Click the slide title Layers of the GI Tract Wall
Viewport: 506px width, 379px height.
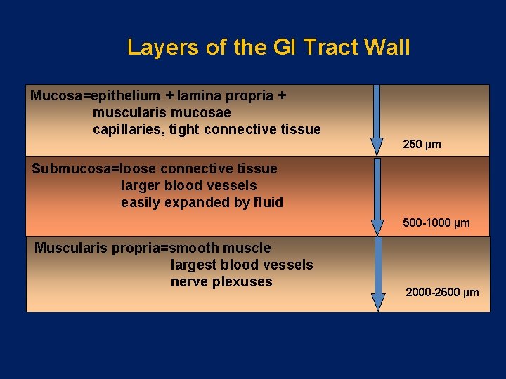268,47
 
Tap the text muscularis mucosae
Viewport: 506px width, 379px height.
162,112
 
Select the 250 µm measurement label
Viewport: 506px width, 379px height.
422,145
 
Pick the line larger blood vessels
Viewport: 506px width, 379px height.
188,185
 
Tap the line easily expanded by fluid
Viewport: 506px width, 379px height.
202,202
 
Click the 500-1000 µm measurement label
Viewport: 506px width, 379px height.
436,223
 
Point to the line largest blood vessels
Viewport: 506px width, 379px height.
242,265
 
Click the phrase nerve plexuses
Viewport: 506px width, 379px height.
221,281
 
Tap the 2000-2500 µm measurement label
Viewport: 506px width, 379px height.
442,292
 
